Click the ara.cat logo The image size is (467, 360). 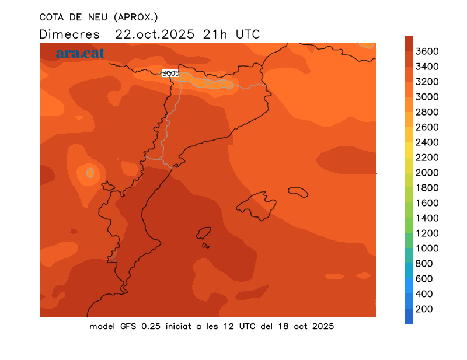pos(80,53)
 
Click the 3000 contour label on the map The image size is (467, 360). pos(170,74)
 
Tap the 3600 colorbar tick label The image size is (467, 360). pos(427,51)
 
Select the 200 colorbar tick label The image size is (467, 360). pos(424,309)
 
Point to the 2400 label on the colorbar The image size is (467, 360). pos(427,142)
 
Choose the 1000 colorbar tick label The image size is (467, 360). pos(427,249)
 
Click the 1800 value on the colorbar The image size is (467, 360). pos(427,188)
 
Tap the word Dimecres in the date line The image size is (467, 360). pos(69,34)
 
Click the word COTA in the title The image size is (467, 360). pos(51,17)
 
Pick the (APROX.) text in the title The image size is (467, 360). pos(135,17)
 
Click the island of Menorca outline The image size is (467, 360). pos(298,192)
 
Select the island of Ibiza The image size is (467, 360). pos(204,233)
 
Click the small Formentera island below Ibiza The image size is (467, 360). pos(205,246)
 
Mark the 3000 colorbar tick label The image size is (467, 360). pos(427,97)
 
